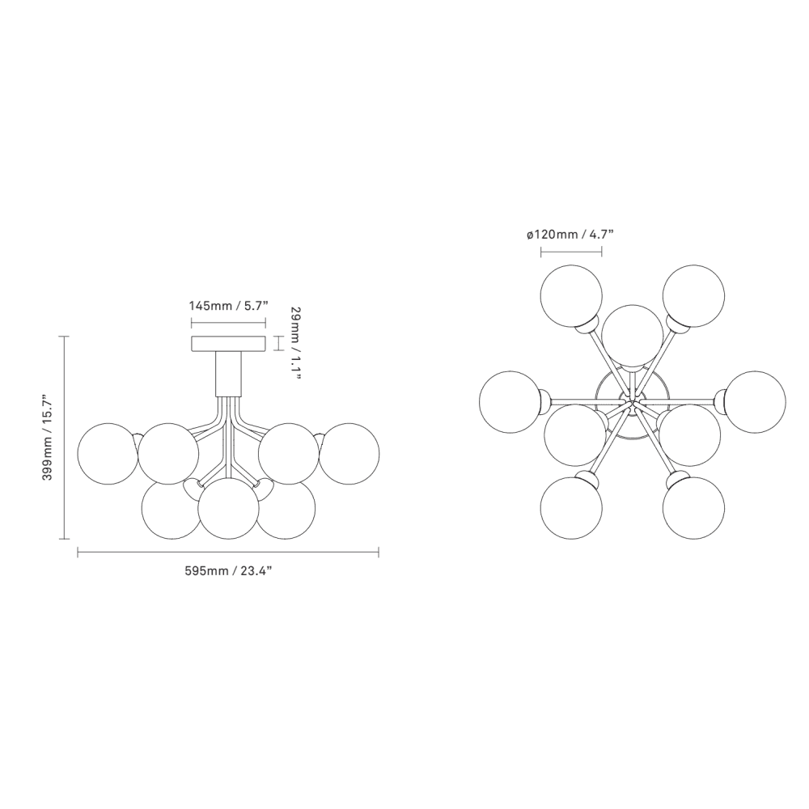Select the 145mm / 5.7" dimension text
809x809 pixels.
[229, 306]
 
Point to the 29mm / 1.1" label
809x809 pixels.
[294, 343]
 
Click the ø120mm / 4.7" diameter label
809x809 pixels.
[570, 235]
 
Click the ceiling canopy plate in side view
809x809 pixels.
[229, 344]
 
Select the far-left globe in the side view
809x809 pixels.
[108, 454]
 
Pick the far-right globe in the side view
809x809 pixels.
[349, 454]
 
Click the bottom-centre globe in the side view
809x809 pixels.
[229, 508]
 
